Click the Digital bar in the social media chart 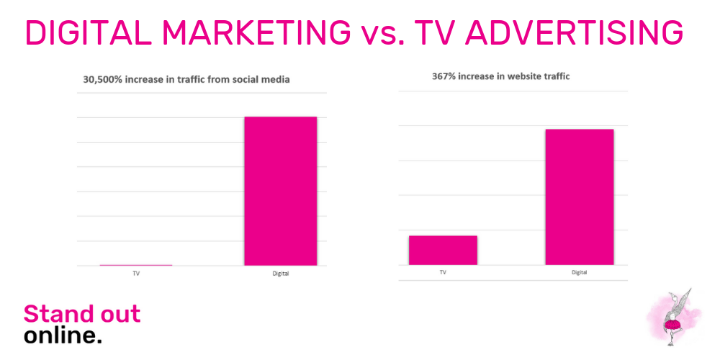point(281,191)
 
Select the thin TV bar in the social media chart point(136,265)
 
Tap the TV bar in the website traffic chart point(443,251)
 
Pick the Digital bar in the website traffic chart point(580,197)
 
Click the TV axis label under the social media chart point(136,273)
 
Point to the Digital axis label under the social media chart point(281,274)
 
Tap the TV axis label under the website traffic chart point(443,272)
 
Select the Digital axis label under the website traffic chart point(580,273)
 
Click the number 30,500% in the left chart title point(101,79)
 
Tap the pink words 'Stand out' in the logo point(82,314)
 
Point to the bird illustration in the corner point(674,316)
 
